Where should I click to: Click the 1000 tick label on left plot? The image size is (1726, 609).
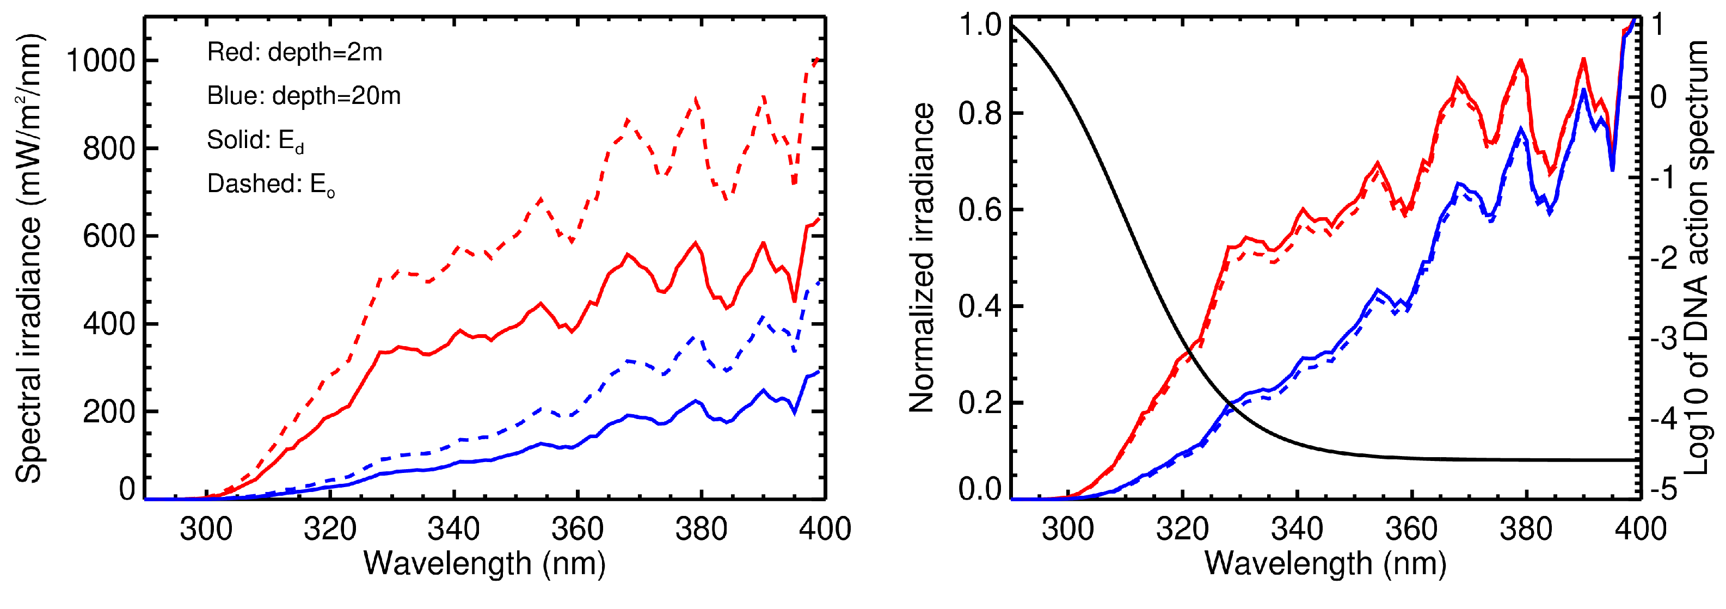[x=101, y=61]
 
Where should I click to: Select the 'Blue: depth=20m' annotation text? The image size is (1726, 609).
[x=304, y=96]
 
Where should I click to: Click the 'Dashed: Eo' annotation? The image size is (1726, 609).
[x=270, y=184]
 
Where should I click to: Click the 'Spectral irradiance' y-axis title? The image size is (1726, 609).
[x=29, y=258]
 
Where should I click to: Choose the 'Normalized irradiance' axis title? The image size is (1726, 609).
[x=922, y=258]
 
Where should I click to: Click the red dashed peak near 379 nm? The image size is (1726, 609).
[x=696, y=101]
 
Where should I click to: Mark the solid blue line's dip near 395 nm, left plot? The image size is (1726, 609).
[x=795, y=412]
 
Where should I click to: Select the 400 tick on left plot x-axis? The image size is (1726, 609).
[x=824, y=530]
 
